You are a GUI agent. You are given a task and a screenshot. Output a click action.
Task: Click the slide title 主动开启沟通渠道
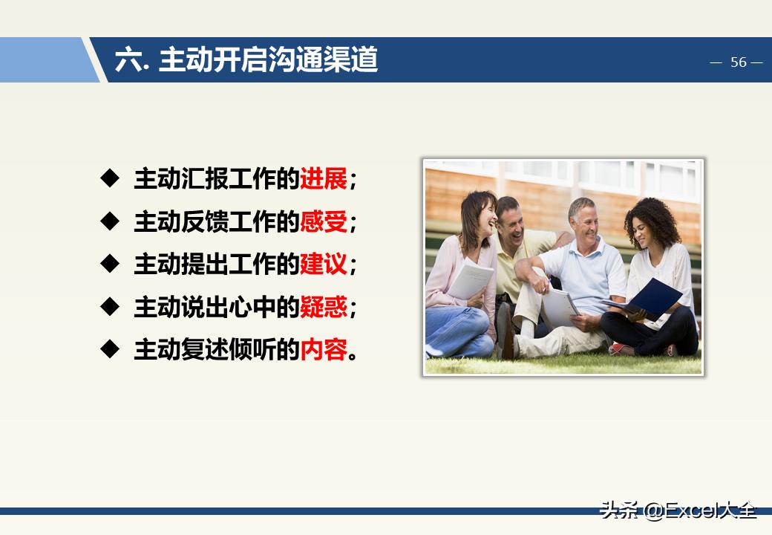coord(268,60)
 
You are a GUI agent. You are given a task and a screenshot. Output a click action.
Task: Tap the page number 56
coord(738,62)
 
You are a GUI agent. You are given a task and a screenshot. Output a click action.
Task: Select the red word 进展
coord(324,179)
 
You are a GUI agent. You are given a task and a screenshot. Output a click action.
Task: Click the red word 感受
coord(324,221)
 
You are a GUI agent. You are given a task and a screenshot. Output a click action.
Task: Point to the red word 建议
coord(324,264)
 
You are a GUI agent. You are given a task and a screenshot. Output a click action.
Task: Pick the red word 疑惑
coord(324,307)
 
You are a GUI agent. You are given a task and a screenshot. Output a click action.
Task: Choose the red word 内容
coord(324,349)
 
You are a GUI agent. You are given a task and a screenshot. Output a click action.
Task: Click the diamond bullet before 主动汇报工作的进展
coord(110,178)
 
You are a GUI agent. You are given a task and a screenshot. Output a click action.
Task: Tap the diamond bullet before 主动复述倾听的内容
coord(110,348)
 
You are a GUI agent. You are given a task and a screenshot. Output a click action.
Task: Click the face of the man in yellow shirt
coord(512,217)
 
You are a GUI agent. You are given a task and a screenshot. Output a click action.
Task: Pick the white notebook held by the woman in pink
coord(471,280)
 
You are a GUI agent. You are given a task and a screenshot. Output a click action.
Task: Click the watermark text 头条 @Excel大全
coord(678,510)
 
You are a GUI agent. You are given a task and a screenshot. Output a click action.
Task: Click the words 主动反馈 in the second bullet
coord(157,221)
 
